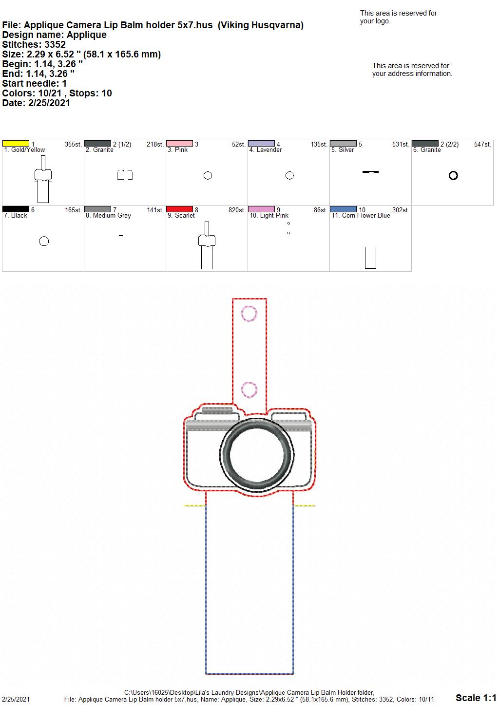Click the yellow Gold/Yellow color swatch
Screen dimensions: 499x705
tap(16, 144)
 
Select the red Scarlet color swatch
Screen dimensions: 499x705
tap(179, 209)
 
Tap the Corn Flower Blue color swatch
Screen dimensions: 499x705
tap(344, 209)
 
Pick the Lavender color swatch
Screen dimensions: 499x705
tap(262, 144)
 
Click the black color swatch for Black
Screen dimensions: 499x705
tap(16, 209)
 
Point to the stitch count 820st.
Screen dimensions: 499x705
tap(237, 210)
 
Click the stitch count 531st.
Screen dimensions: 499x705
tap(401, 144)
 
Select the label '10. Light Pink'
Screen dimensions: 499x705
tap(269, 216)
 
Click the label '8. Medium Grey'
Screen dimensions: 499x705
tap(108, 216)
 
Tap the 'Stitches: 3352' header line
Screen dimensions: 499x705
tap(34, 44)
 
